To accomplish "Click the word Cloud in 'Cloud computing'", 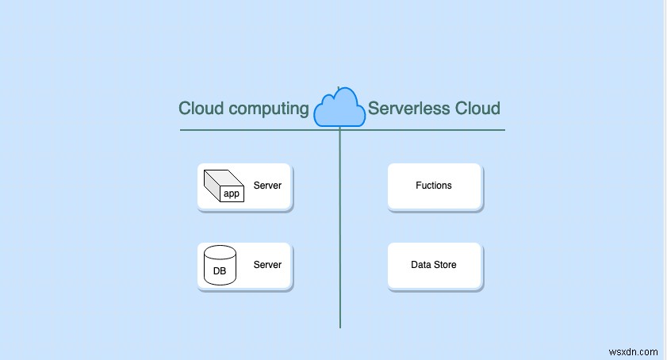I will [201, 109].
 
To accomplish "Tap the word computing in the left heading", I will [268, 109].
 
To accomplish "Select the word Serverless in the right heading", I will [408, 109].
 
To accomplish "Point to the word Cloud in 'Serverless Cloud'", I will [477, 109].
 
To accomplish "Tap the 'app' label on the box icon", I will [231, 193].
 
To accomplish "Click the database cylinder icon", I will [220, 265].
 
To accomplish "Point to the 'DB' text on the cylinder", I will [220, 270].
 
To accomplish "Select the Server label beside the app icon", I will [267, 186].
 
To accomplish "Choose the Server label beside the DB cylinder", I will [267, 265].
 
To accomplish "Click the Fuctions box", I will [434, 186].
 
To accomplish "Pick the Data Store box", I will [434, 266].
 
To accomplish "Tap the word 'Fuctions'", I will [434, 186].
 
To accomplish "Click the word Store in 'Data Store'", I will [444, 265].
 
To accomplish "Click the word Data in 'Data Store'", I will [421, 265].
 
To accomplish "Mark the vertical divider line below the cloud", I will [340, 238].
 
